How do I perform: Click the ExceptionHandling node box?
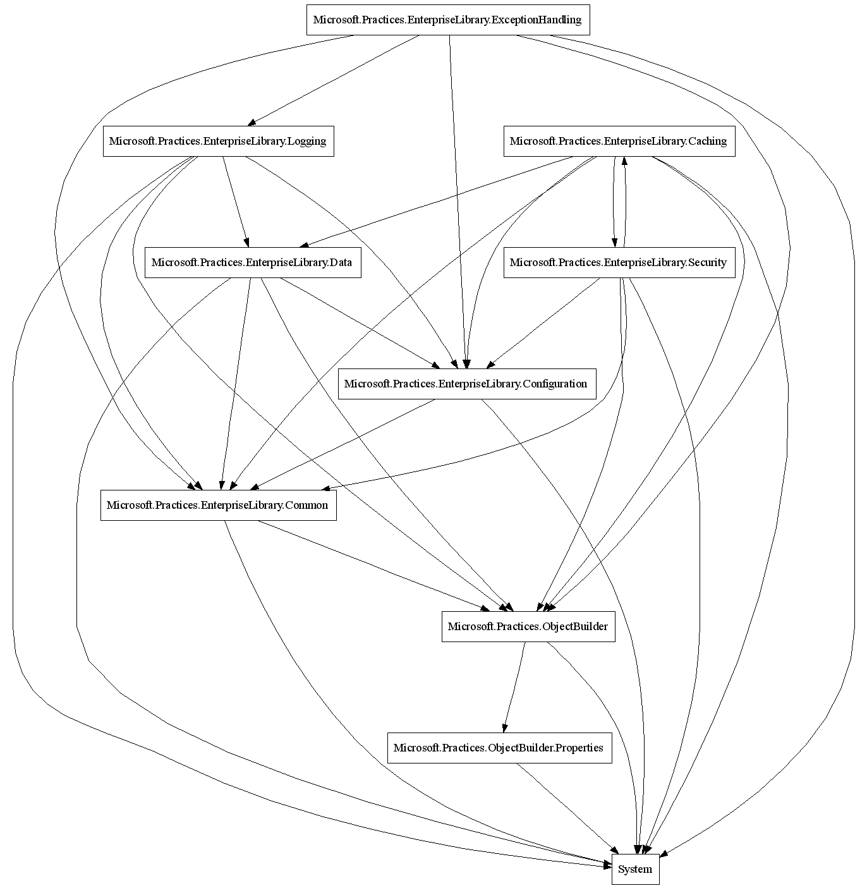447,20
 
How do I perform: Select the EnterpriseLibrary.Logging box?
218,141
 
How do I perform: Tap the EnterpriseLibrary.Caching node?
619,141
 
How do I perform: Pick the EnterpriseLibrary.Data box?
253,262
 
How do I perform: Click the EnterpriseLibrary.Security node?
619,262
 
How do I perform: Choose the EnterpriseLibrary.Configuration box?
466,384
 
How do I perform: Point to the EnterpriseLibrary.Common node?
218,505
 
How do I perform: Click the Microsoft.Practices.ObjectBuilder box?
528,626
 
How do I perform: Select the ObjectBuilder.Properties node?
499,748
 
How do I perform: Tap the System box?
635,869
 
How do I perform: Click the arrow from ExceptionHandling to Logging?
335,80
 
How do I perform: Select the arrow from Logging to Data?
235,201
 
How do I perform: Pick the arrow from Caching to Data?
436,201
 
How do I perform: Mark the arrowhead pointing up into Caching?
624,161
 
